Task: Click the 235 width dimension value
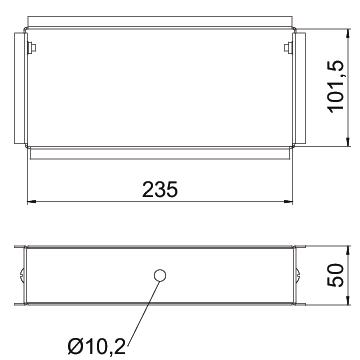tap(160, 190)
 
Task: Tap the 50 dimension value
tap(335, 275)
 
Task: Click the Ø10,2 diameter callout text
tap(97, 348)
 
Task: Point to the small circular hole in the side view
tap(160, 276)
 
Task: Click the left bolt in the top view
tap(32, 48)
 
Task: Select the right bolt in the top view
tap(288, 48)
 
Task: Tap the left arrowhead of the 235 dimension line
tap(32, 202)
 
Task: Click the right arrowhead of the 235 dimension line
tap(288, 202)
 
